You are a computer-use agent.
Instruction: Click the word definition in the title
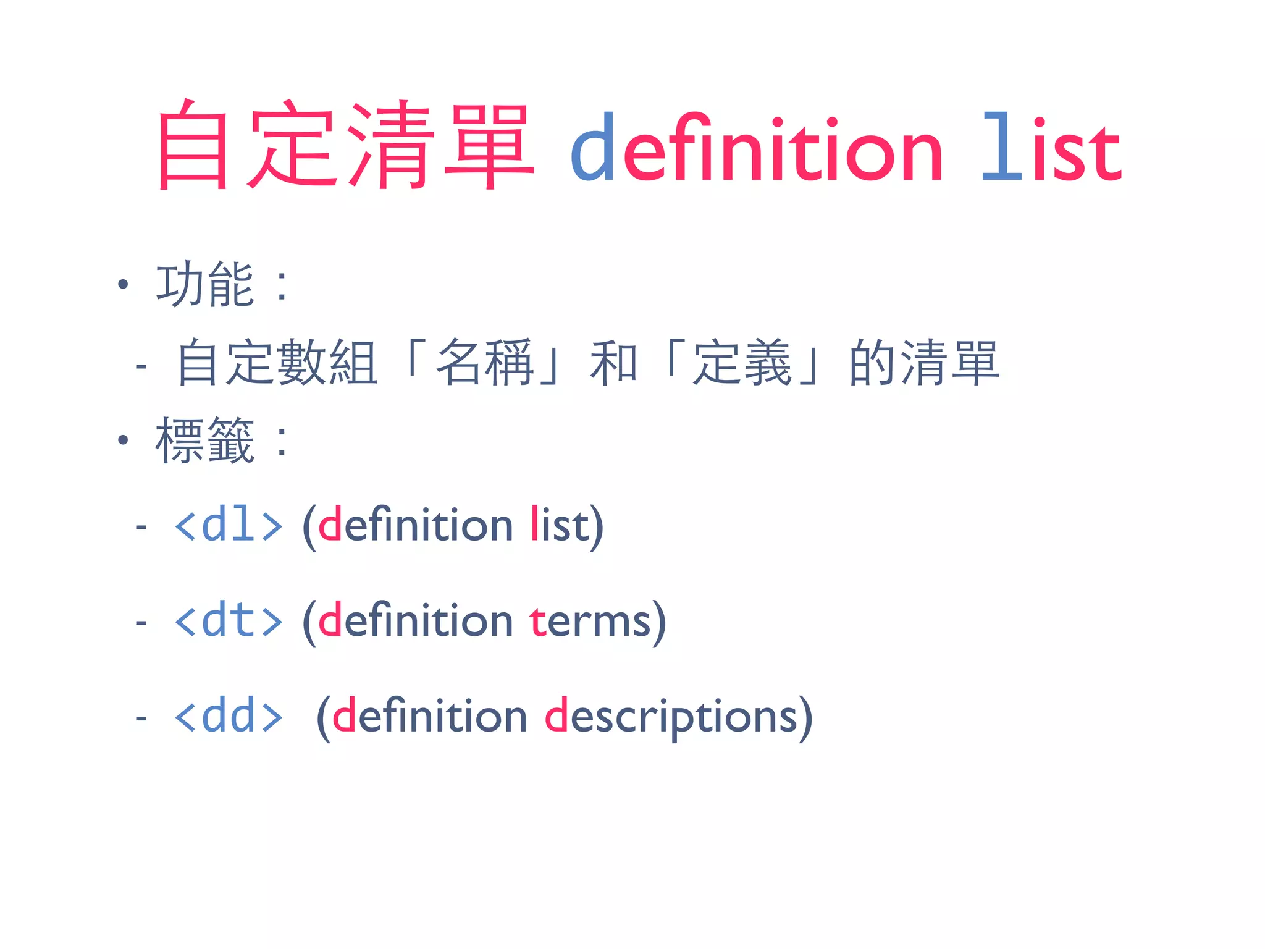[756, 148]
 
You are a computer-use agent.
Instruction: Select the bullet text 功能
[205, 285]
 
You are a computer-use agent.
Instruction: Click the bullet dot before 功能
[124, 285]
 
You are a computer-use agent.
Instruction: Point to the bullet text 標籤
[205, 441]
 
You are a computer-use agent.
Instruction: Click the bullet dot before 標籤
[124, 440]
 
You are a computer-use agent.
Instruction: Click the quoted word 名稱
[484, 363]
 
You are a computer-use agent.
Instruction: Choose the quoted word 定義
[742, 363]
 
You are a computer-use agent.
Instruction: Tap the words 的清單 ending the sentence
[924, 363]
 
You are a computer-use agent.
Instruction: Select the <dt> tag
[229, 620]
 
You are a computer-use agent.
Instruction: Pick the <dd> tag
[229, 716]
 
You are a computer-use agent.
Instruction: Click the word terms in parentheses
[590, 620]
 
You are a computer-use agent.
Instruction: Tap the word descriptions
[671, 717]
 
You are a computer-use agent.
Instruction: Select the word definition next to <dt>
[415, 620]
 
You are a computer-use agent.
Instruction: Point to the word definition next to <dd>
[429, 716]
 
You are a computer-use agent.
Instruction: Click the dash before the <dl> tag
[141, 527]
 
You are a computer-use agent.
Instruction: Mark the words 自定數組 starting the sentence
[277, 363]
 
